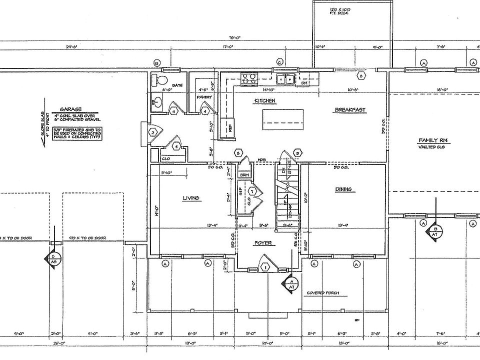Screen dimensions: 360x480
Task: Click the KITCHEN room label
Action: coord(265,101)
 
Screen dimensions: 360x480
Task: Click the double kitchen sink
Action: coord(286,78)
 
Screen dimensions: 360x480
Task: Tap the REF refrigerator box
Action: coord(230,127)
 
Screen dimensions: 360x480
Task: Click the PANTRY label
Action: coord(202,97)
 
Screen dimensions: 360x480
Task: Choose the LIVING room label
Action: coord(191,198)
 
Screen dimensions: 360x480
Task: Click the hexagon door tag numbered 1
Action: coord(265,267)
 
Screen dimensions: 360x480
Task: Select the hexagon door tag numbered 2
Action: coord(153,132)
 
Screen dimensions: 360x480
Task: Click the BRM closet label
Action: coord(244,175)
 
